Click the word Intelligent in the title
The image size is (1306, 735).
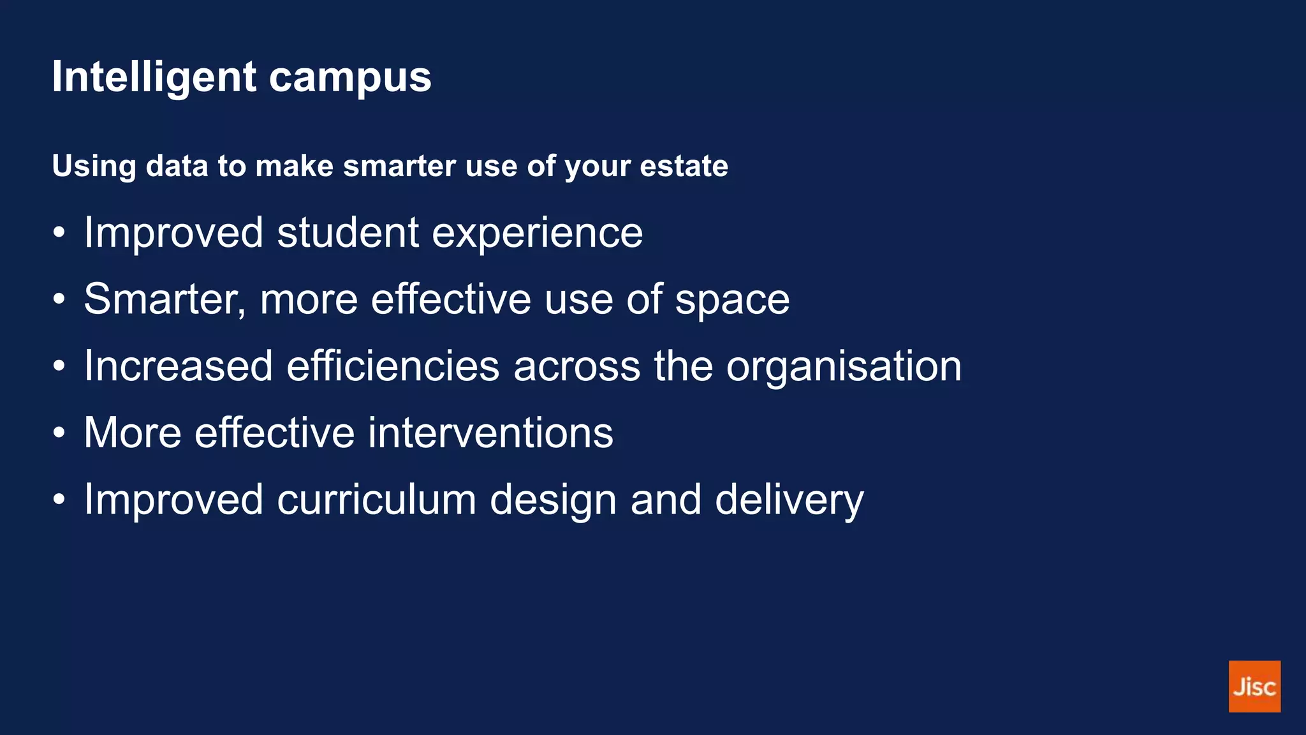(x=154, y=78)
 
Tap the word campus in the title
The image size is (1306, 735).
(x=350, y=78)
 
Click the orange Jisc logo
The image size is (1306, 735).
(x=1254, y=686)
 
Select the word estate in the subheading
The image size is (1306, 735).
(x=684, y=166)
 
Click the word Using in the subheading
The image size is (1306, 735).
(x=94, y=166)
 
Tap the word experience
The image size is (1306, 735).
(x=537, y=234)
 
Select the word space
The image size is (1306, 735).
(x=732, y=301)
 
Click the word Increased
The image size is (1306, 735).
(x=179, y=366)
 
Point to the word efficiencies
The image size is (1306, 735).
(x=393, y=366)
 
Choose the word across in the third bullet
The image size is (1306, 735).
(x=576, y=367)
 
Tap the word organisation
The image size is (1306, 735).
(x=844, y=367)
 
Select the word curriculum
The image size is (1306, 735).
(x=376, y=500)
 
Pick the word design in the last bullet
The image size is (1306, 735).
(x=553, y=501)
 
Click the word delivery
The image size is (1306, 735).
(x=789, y=501)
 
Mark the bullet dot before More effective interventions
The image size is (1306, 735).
(x=59, y=433)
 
